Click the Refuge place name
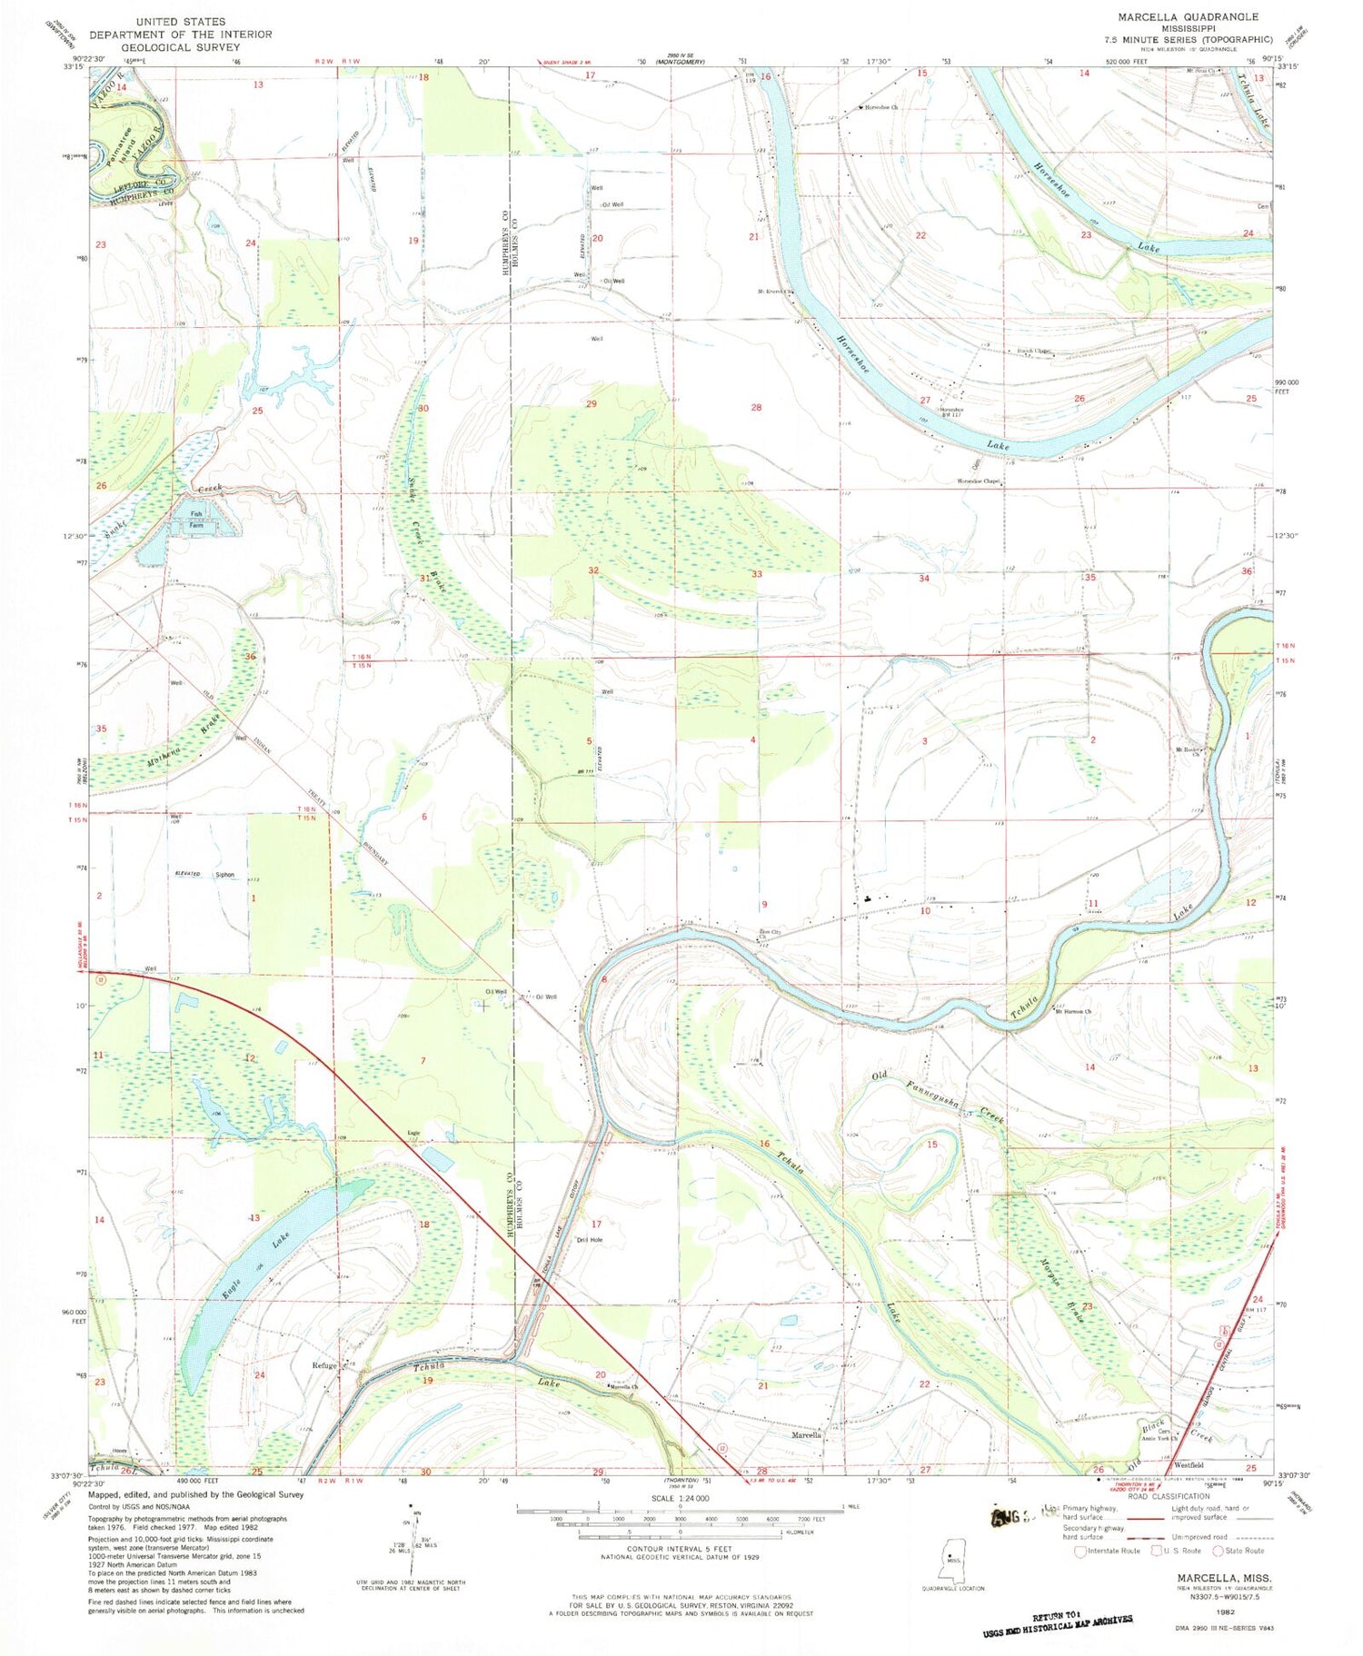(324, 1365)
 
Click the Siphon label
(224, 876)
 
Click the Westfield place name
(1189, 1465)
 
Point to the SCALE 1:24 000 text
(680, 1498)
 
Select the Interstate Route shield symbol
(1079, 1552)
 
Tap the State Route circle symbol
(1218, 1552)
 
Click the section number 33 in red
(756, 574)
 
